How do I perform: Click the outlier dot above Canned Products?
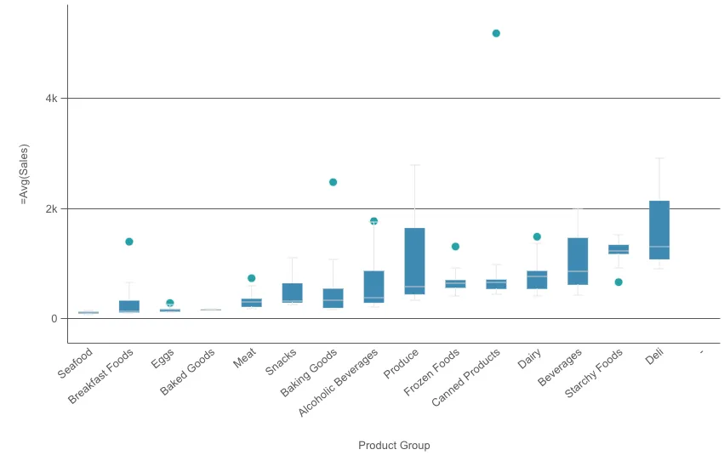point(496,33)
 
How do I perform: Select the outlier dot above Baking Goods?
point(333,182)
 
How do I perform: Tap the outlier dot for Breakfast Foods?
point(129,242)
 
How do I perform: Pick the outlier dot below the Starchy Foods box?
point(619,282)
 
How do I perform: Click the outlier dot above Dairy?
point(537,236)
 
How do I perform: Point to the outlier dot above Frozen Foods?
point(455,247)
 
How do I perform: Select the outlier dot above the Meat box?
point(251,278)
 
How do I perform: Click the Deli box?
point(659,230)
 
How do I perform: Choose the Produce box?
point(414,260)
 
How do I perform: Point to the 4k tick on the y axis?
point(52,99)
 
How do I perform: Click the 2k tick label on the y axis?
point(52,209)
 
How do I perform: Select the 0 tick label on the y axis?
point(54,319)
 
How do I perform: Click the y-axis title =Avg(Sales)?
point(25,174)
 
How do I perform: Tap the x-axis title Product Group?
point(394,446)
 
